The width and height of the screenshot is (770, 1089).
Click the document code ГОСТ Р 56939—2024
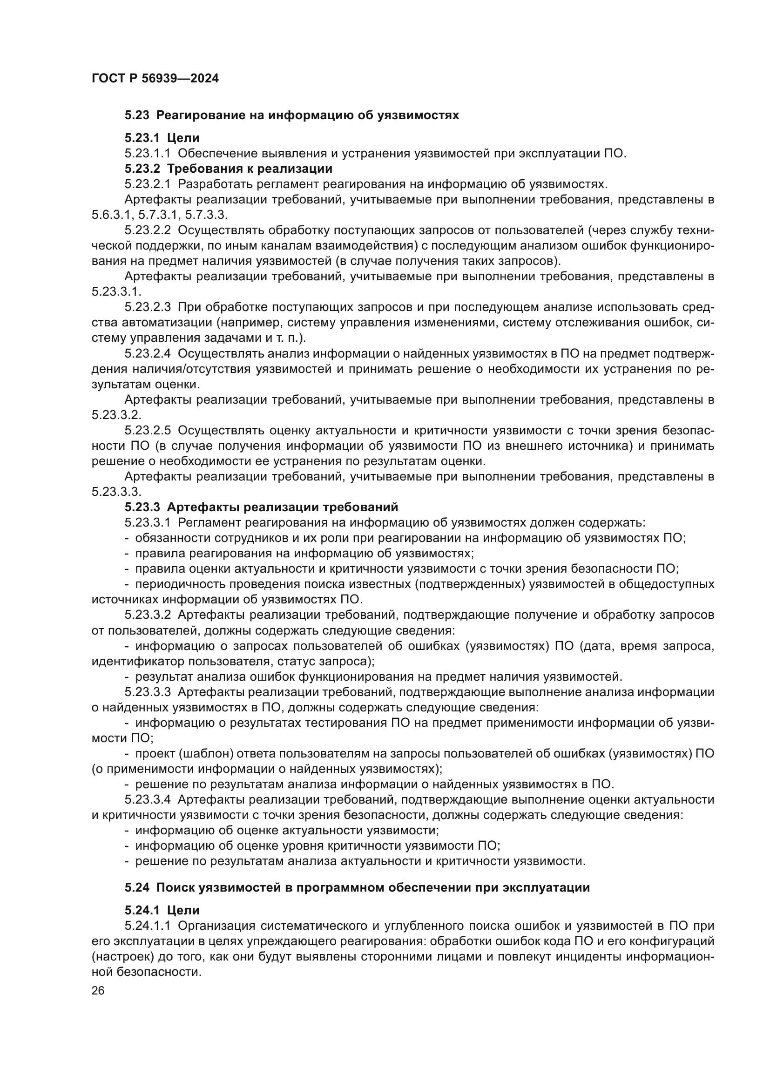(x=155, y=79)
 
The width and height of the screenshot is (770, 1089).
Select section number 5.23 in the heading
(x=137, y=115)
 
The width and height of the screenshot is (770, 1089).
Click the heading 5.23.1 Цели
(x=162, y=138)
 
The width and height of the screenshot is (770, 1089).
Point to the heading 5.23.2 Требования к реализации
(x=228, y=169)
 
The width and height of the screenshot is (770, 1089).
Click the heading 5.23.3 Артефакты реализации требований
(x=261, y=507)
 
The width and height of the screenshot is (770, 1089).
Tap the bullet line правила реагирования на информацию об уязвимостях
(x=304, y=554)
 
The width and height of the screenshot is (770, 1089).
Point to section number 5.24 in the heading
(x=137, y=887)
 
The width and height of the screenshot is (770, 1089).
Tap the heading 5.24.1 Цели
(x=162, y=910)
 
